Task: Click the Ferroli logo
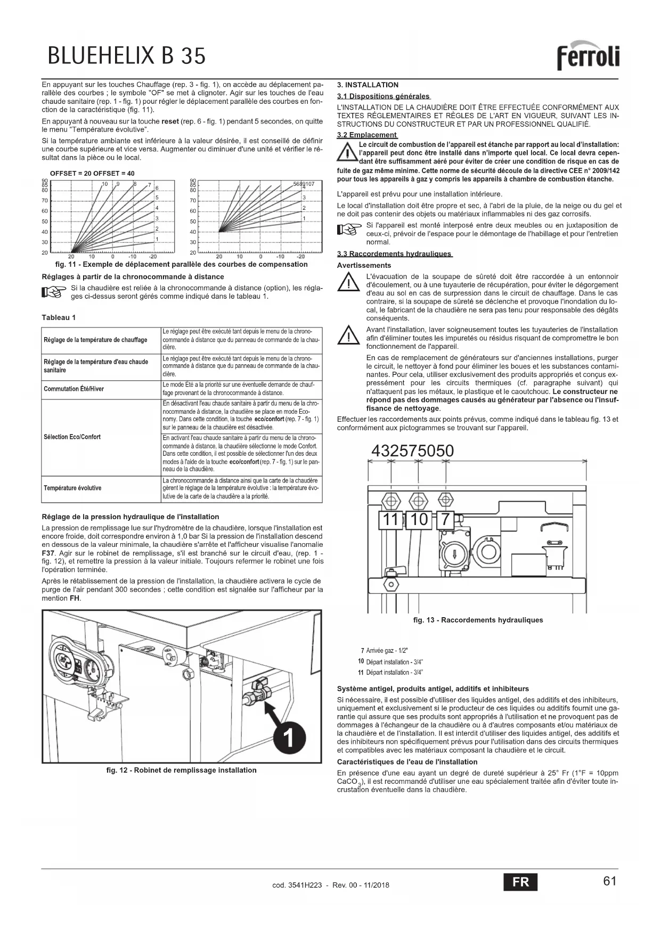[x=588, y=55]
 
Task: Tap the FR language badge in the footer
[x=520, y=882]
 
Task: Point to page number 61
[x=610, y=881]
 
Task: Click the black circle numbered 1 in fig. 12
[x=288, y=740]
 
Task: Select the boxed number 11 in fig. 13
[x=391, y=519]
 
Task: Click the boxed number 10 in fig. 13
[x=420, y=519]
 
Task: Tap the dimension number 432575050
[x=412, y=451]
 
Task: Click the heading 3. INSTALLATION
[x=368, y=85]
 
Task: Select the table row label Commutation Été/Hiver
[x=74, y=389]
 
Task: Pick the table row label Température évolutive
[x=72, y=488]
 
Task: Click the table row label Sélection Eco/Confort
[x=72, y=437]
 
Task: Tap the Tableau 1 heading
[x=59, y=317]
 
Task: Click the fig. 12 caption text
[x=181, y=770]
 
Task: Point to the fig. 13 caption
[x=478, y=620]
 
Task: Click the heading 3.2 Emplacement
[x=367, y=135]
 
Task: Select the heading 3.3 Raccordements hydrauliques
[x=394, y=253]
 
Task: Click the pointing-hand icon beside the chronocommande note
[x=54, y=292]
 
